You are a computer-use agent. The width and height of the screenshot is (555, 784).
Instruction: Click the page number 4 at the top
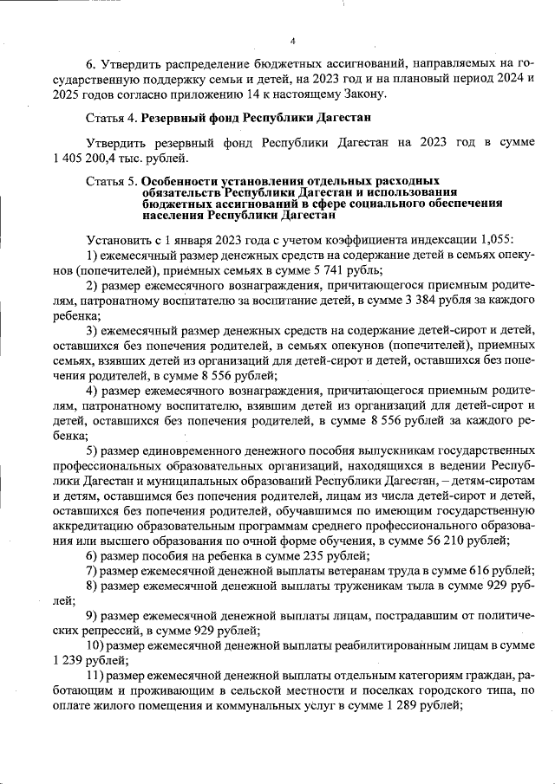pyautogui.click(x=293, y=41)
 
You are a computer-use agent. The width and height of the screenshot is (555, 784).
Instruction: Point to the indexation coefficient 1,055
pyautogui.click(x=493, y=236)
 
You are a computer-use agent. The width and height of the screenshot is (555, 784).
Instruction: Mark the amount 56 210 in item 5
pyautogui.click(x=447, y=539)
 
